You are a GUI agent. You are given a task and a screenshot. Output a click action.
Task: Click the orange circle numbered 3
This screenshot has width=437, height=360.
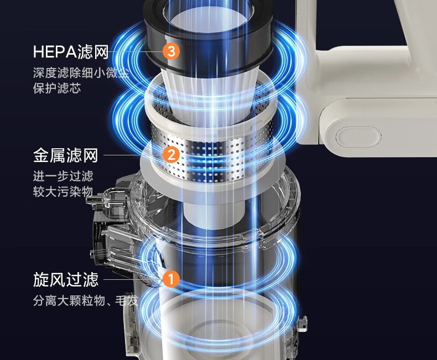click(x=171, y=51)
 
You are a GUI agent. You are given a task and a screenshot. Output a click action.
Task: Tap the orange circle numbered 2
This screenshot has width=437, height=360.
click(x=171, y=155)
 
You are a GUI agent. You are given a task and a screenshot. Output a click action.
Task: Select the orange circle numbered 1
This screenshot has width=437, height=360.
click(x=171, y=279)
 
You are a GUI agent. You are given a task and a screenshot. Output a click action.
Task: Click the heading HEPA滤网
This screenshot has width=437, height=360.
click(x=71, y=51)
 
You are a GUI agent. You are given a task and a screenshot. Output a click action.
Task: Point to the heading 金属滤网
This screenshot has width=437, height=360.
click(x=65, y=155)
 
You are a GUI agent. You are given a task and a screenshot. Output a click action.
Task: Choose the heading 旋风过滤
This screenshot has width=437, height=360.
click(x=66, y=279)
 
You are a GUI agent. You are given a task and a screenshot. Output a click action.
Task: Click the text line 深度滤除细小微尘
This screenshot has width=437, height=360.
click(x=81, y=73)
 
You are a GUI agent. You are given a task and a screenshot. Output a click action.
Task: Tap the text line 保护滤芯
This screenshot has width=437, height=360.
click(x=57, y=88)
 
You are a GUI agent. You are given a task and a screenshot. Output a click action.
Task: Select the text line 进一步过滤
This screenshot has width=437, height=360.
click(x=63, y=176)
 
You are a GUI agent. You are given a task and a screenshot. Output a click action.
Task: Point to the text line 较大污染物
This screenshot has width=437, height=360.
click(x=63, y=192)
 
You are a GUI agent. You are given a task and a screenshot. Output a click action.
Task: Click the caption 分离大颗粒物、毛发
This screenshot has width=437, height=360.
click(x=86, y=300)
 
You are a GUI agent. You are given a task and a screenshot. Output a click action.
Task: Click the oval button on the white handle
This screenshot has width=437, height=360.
click(x=358, y=137)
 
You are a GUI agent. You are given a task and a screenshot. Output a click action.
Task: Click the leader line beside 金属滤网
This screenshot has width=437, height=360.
click(x=133, y=155)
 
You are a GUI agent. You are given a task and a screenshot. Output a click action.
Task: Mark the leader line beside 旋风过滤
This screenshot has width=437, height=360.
click(x=133, y=279)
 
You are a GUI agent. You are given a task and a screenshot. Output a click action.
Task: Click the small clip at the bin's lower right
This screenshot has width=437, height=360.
click(x=302, y=324)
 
